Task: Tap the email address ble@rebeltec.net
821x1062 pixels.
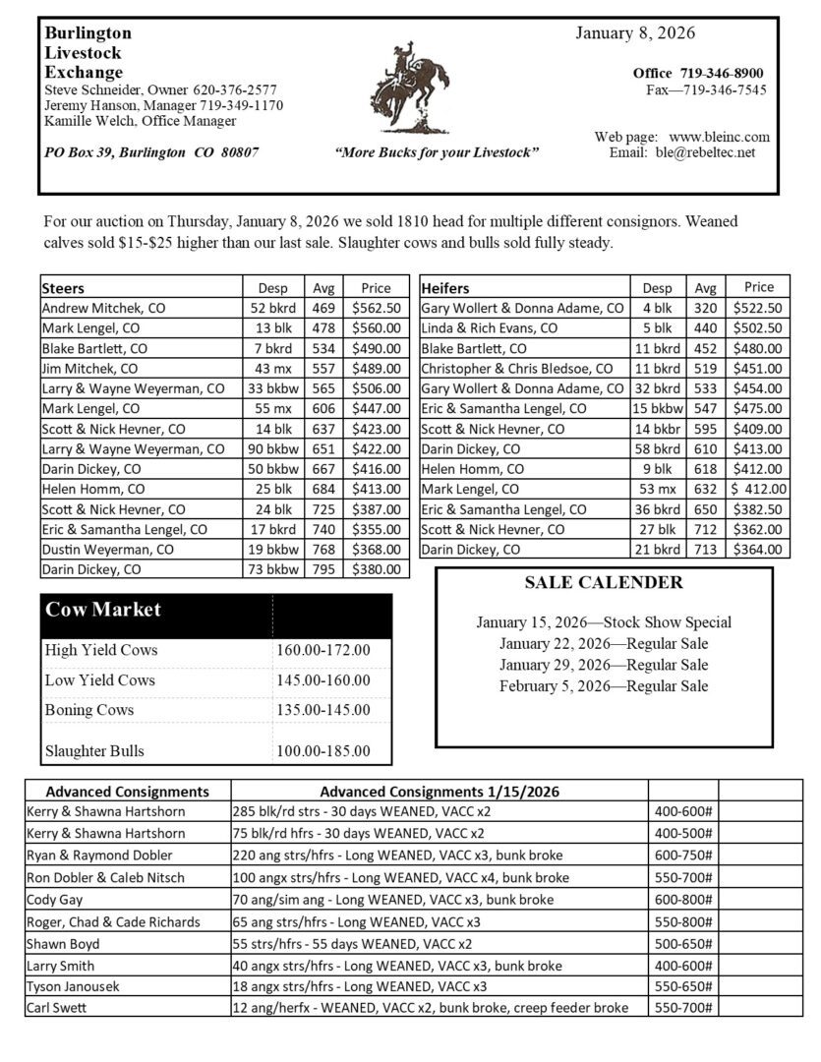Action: point(710,152)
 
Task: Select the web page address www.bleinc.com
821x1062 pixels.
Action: point(719,137)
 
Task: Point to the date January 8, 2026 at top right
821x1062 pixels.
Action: point(634,33)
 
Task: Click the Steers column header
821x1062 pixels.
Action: point(63,288)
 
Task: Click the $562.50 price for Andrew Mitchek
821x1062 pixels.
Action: point(376,308)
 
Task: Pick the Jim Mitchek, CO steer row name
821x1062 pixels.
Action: point(90,369)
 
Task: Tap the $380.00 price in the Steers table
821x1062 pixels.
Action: point(376,569)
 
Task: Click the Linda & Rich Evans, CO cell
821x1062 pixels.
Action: point(490,328)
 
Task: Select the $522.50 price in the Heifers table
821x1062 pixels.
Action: point(758,308)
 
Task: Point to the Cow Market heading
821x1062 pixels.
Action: point(103,610)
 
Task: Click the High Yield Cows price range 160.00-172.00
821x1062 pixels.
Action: point(323,650)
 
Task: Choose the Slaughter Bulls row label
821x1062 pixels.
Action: point(94,751)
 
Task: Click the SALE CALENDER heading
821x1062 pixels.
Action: point(604,583)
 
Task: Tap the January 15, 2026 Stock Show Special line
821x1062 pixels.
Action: point(604,622)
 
